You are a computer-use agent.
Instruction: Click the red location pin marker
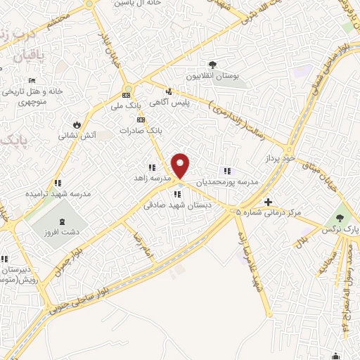point(181,166)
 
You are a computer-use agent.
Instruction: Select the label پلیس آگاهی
point(191,103)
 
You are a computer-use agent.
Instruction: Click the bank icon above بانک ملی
point(127,95)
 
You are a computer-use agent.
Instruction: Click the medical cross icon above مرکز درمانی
point(268,201)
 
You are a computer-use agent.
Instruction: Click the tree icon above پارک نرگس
point(341,217)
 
